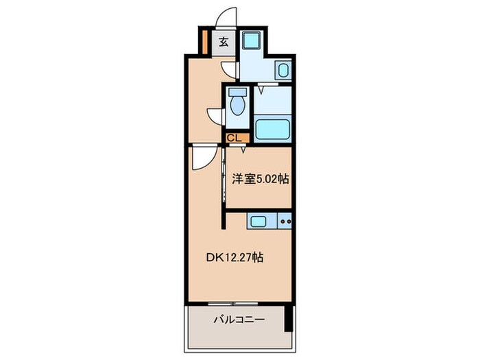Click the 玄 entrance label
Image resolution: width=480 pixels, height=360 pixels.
pyautogui.click(x=224, y=41)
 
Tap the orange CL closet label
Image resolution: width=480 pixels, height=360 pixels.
pyautogui.click(x=234, y=138)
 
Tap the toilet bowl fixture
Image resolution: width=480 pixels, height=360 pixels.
pyautogui.click(x=238, y=104)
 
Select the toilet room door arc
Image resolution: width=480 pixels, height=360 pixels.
pyautogui.click(x=217, y=115)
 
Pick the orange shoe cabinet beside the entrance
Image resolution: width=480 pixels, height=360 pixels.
pyautogui.click(x=204, y=40)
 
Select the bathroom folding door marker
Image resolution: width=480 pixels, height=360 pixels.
pyautogui.click(x=261, y=86)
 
